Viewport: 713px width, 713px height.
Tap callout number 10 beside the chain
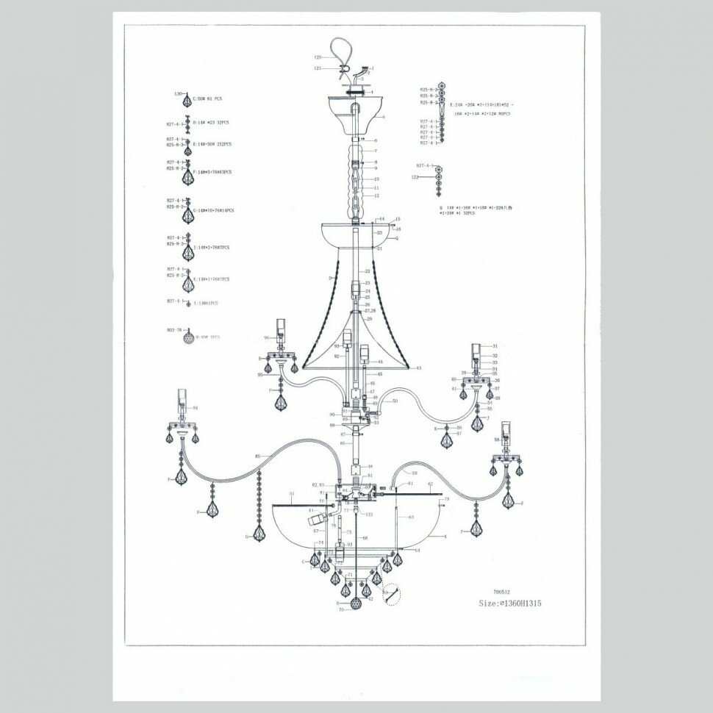click(376, 179)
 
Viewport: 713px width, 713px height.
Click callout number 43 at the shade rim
click(419, 368)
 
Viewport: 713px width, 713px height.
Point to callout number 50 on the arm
click(394, 401)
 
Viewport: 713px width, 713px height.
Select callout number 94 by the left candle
click(196, 407)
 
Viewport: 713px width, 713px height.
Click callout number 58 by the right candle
click(497, 440)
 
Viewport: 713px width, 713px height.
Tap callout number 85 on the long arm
click(258, 456)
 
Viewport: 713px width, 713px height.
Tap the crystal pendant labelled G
click(259, 531)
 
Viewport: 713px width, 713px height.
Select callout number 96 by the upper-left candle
click(268, 338)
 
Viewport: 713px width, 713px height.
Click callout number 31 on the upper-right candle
click(495, 345)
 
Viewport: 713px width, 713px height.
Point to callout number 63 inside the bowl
click(411, 517)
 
